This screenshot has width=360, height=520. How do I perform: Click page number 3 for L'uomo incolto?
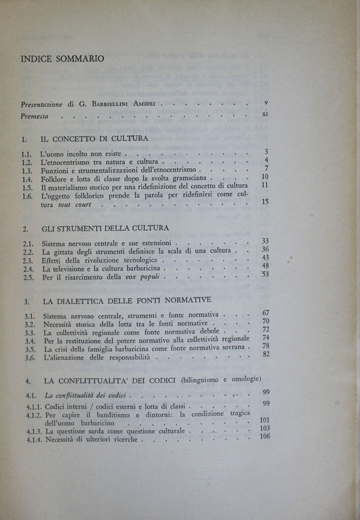[266, 152]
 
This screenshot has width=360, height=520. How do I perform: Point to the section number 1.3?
[27, 170]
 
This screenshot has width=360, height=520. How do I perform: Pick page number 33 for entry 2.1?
[265, 241]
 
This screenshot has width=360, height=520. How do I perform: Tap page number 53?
[265, 274]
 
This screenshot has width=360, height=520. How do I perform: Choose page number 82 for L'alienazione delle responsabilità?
[266, 354]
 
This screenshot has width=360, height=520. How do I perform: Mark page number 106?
[264, 437]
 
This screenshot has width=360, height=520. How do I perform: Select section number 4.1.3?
[32, 432]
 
